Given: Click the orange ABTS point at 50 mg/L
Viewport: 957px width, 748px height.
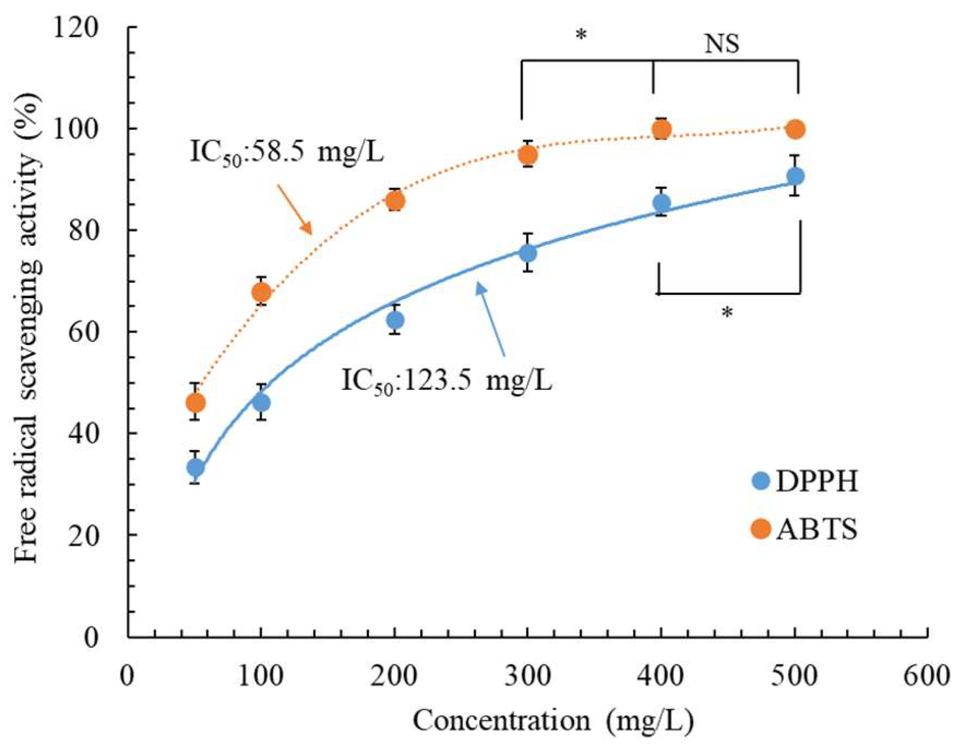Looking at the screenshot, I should click(195, 403).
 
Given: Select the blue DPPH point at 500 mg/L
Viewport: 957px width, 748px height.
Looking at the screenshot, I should click(795, 176).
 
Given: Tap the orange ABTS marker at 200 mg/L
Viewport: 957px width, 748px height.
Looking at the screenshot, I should click(396, 201).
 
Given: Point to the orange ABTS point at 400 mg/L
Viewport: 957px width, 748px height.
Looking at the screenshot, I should click(662, 130).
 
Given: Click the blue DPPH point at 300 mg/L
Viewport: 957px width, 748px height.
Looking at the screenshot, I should click(528, 253).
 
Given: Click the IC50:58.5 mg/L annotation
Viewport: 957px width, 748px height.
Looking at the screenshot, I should click(287, 152).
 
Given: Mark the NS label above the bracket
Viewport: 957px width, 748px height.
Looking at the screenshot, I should click(722, 44).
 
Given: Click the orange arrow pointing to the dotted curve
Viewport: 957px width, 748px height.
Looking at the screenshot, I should click(294, 210).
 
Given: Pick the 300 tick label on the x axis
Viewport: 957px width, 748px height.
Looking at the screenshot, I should click(527, 676).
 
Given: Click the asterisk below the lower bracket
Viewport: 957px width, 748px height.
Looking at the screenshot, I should click(727, 313).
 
